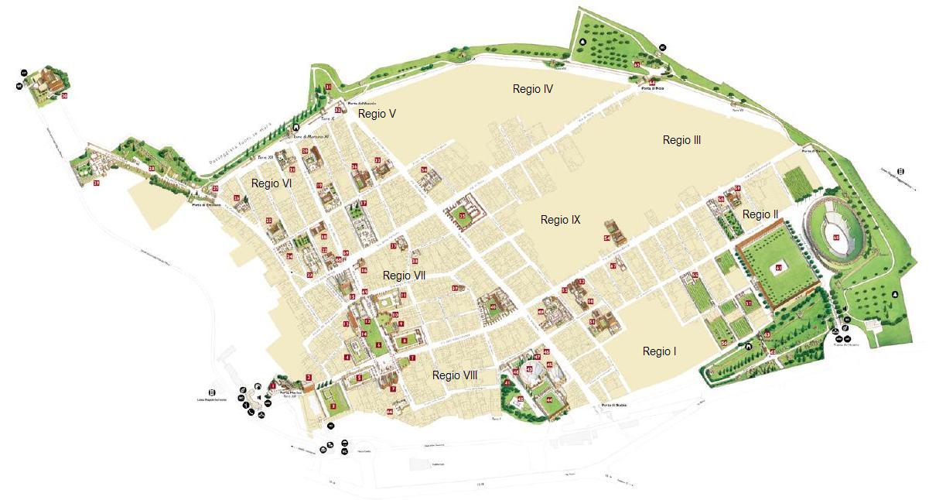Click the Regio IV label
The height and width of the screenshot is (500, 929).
(532, 89)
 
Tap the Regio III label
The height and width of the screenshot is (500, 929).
(681, 140)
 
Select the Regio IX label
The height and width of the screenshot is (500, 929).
(560, 220)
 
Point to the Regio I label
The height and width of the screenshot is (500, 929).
(659, 351)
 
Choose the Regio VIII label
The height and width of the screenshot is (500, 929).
(455, 375)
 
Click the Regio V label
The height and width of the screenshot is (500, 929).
(377, 114)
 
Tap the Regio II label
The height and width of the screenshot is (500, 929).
(760, 214)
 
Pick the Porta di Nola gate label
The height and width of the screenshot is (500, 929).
(652, 89)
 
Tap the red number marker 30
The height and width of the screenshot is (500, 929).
(64, 97)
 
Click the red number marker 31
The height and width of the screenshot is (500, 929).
(328, 87)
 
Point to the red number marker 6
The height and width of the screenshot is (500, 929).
(378, 344)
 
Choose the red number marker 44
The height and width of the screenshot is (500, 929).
(548, 399)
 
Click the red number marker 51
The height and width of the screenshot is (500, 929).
(593, 321)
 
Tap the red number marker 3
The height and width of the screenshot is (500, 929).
(333, 405)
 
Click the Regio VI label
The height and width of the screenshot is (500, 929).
(271, 183)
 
